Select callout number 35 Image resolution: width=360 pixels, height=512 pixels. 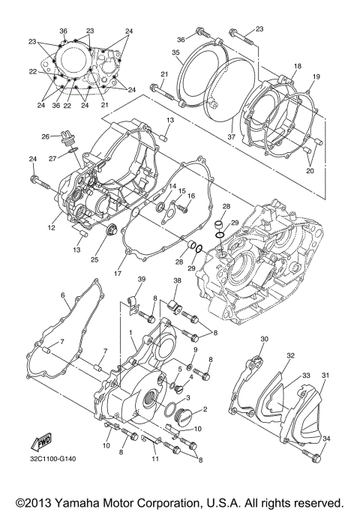click(x=175, y=52)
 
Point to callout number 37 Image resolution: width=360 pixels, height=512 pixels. click(x=232, y=138)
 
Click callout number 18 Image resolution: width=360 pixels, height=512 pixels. click(x=297, y=67)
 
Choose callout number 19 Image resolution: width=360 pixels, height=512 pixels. click(x=316, y=76)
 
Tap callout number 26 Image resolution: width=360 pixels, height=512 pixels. click(x=44, y=136)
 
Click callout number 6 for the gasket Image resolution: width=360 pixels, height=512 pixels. click(x=64, y=295)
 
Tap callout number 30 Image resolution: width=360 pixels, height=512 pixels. click(x=263, y=340)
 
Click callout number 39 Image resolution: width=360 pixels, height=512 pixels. click(x=139, y=280)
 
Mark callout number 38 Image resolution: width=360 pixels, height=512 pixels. click(x=177, y=282)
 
